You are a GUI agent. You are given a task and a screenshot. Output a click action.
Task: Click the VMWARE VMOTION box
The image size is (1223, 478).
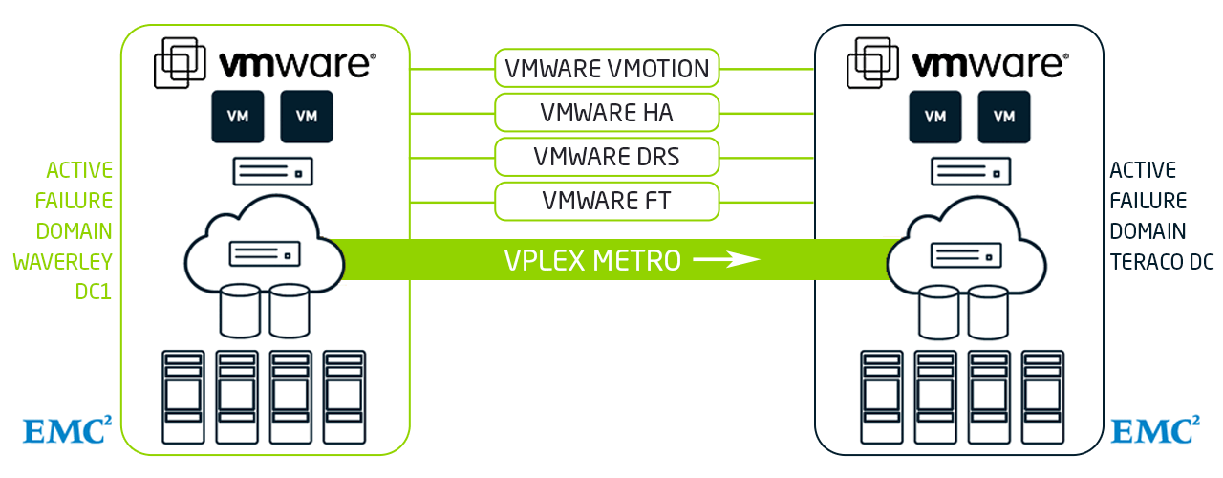coord(607,69)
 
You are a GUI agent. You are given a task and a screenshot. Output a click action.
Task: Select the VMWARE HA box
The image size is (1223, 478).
coord(607,113)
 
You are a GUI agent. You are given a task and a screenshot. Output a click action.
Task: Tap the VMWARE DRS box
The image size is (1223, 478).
coord(607,156)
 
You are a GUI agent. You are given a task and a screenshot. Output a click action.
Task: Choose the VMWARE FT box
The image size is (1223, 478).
coord(607,200)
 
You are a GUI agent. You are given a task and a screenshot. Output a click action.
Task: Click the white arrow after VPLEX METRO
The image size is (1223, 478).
coord(726,259)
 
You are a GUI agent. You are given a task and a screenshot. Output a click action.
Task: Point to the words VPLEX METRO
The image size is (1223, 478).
coord(592,260)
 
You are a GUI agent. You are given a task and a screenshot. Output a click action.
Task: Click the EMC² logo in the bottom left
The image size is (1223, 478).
coord(66,430)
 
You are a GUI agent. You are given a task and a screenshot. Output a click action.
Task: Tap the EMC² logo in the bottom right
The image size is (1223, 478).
coord(1154,430)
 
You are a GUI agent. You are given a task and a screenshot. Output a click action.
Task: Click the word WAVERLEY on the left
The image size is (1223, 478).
coord(63,262)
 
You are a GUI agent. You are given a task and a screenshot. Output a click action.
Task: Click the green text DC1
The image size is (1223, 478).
coord(94,293)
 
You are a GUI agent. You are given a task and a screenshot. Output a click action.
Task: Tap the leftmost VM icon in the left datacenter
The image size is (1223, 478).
coord(237,117)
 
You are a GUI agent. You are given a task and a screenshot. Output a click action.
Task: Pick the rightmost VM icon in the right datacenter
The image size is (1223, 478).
coord(1004,117)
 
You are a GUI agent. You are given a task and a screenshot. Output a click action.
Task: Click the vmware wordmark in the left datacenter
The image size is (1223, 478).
coord(297,65)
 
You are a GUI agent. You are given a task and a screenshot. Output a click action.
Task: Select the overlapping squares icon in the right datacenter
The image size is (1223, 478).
coord(871,64)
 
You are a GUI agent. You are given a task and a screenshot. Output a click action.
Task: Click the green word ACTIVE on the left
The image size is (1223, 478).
coord(79,171)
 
